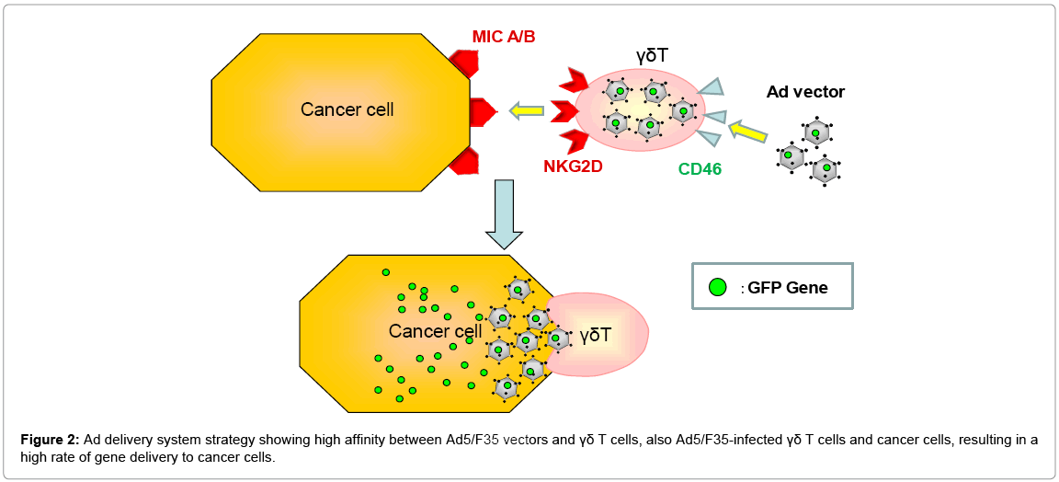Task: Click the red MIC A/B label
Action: [503, 37]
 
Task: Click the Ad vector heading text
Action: [805, 92]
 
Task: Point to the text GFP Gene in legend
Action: [787, 288]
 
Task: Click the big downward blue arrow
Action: [503, 214]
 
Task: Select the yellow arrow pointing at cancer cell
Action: [526, 111]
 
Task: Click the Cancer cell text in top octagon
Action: [347, 109]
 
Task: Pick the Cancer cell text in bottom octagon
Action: [435, 331]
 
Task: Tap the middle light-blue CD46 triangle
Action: [712, 115]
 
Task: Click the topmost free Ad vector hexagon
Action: [817, 132]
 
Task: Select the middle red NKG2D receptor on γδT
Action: [563, 111]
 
